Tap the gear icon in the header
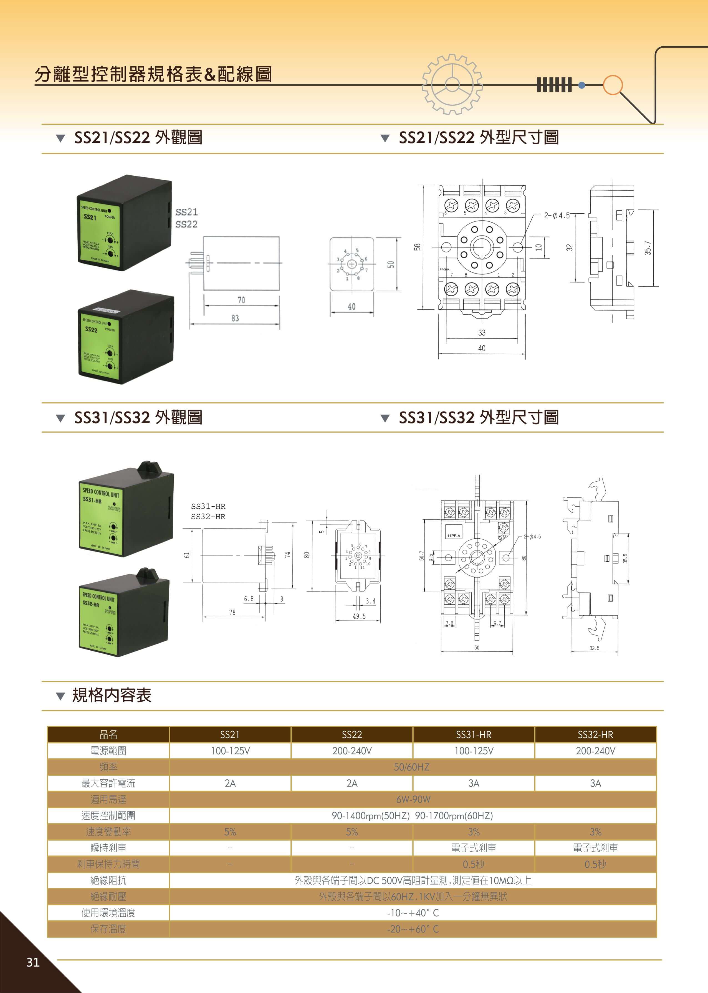tap(452, 84)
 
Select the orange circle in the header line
tap(613, 85)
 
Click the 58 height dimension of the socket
tap(418, 247)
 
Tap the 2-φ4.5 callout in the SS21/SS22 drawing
tap(557, 215)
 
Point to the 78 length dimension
tap(232, 612)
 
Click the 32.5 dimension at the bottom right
tap(594, 648)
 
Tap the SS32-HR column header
tap(595, 734)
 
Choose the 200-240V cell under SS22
tap(352, 751)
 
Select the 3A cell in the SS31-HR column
tap(474, 783)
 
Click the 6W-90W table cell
tap(413, 799)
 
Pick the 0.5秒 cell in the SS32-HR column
tap(595, 864)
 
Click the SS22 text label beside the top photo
tap(186, 224)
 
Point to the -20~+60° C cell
tap(413, 929)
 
